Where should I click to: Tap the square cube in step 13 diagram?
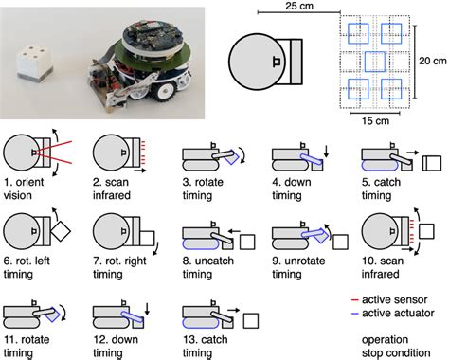pos(253,321)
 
